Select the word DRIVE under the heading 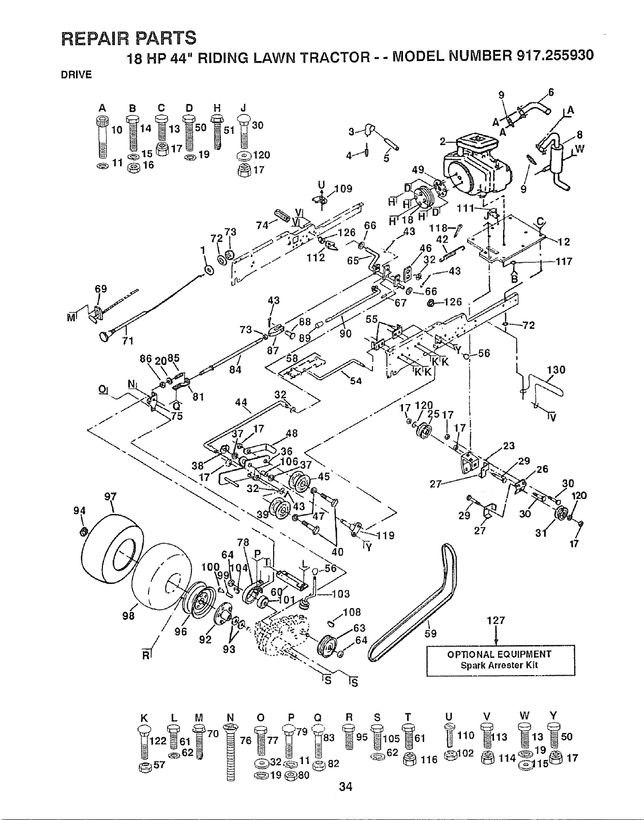tap(77, 74)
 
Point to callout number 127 tap(496, 620)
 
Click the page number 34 tap(346, 786)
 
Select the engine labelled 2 tap(477, 168)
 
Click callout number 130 tap(556, 369)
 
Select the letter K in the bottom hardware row tap(143, 717)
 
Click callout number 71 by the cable tap(128, 341)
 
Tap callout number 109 tap(343, 188)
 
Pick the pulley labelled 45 tap(300, 481)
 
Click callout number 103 tap(341, 594)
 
